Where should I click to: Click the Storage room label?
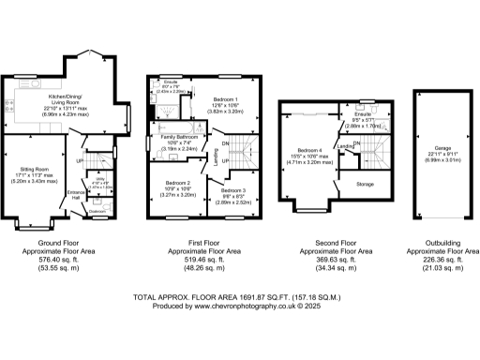click(365, 185)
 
